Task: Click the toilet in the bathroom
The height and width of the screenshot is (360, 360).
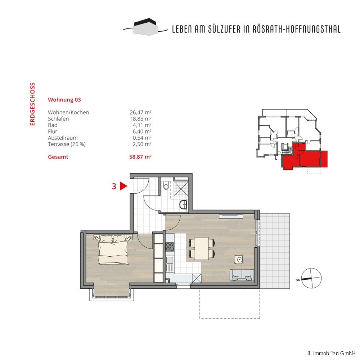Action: point(166,185)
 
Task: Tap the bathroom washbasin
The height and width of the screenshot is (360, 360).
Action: point(183,204)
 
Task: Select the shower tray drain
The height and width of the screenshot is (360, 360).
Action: point(181,189)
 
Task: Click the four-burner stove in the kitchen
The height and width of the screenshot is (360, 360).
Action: point(170,247)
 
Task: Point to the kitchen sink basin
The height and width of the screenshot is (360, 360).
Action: point(170,260)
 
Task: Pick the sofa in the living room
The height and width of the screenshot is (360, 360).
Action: point(242,275)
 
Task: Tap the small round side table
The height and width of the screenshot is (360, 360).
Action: point(239,260)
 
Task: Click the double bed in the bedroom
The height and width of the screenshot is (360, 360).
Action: point(113,249)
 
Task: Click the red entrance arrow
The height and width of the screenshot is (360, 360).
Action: point(123,186)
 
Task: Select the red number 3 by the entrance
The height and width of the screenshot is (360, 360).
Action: point(114,186)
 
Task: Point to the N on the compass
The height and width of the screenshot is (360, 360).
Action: point(298,280)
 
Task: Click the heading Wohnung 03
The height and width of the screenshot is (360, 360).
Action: point(64,100)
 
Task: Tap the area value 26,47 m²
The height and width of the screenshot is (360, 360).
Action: point(140,112)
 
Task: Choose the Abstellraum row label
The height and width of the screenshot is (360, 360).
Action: point(63,138)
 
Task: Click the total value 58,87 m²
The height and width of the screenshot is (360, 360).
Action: point(140,157)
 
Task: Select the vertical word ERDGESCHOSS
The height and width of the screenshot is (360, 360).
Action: point(32,104)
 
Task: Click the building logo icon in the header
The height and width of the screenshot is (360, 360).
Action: point(145,27)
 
